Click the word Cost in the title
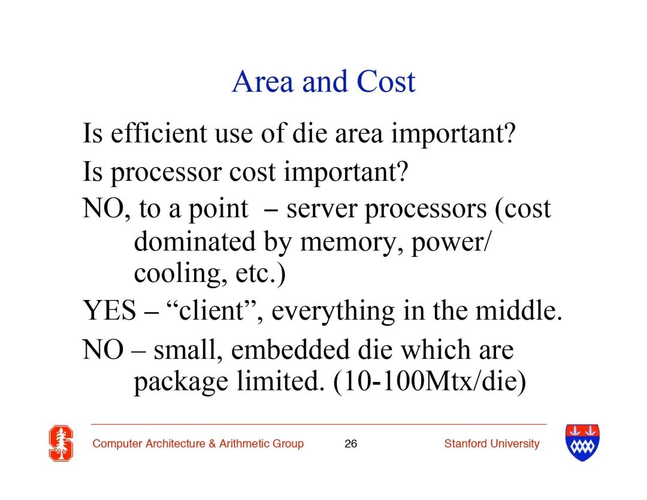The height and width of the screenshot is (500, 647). [386, 81]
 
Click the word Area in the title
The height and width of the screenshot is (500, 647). [263, 81]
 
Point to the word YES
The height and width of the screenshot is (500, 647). [110, 310]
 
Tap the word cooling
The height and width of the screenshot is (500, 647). [180, 274]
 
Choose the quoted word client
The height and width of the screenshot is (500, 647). [214, 310]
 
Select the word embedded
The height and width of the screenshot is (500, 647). [291, 350]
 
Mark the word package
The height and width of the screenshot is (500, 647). [181, 383]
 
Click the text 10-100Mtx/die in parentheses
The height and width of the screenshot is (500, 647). [430, 382]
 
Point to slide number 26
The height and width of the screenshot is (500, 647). [350, 444]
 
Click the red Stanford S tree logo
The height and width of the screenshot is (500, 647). [61, 443]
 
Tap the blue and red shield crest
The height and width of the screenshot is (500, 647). [582, 443]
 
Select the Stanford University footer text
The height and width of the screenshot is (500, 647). [492, 444]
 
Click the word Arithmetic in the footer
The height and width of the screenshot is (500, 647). [244, 444]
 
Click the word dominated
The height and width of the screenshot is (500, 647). [195, 242]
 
